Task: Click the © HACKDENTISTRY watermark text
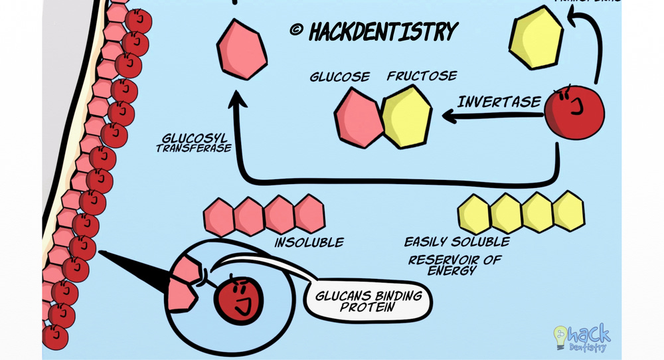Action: [374, 31]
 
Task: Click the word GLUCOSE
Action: [339, 76]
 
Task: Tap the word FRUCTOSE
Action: [422, 76]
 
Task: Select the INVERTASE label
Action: [499, 102]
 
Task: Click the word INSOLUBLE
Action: [309, 242]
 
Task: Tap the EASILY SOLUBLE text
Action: [457, 241]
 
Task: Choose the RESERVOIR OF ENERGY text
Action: [454, 264]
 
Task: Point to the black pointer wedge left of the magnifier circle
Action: [133, 266]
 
